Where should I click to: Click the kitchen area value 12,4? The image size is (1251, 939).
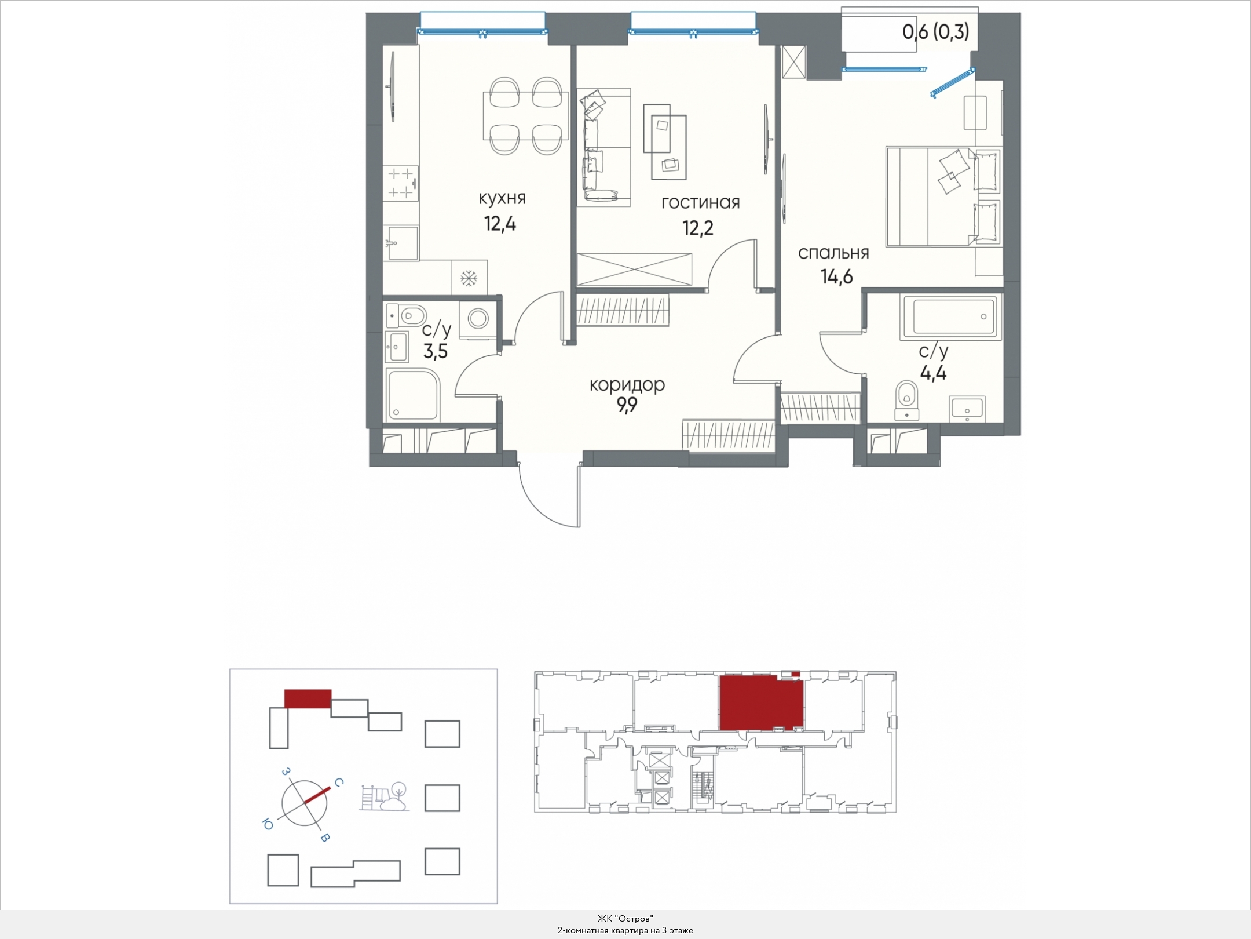click(500, 224)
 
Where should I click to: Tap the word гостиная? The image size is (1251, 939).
click(701, 202)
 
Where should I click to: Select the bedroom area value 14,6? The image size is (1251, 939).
click(836, 277)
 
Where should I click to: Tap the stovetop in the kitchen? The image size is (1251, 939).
click(401, 183)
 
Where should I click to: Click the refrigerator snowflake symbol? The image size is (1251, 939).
click(469, 279)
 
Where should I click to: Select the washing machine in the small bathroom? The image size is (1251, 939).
click(479, 319)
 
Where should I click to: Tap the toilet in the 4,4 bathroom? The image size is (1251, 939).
click(906, 399)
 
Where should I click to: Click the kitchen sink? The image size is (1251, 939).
click(401, 243)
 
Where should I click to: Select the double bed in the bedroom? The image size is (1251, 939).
click(943, 196)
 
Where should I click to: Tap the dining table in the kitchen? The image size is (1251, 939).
click(526, 116)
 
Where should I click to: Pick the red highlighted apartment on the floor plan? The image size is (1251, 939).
click(761, 702)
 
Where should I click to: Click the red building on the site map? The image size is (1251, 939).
click(308, 698)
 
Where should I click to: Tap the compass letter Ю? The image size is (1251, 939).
click(268, 824)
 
